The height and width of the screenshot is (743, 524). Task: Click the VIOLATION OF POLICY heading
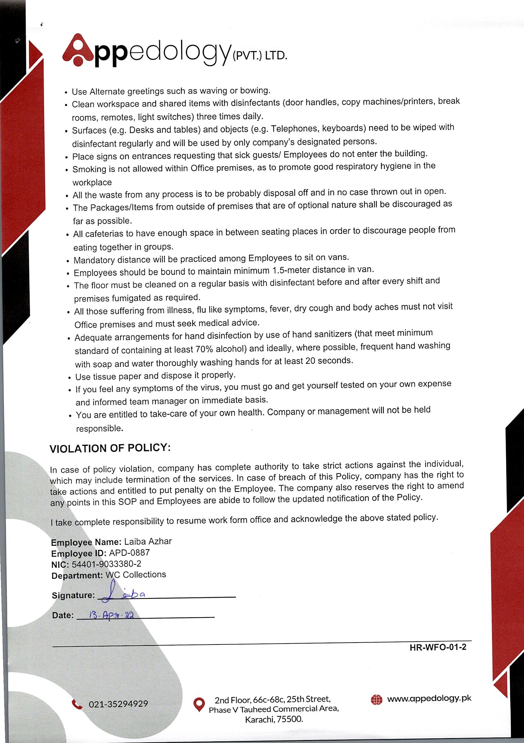tap(110, 448)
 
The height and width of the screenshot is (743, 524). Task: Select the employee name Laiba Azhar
tap(148, 542)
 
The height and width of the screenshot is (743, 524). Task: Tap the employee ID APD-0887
tap(129, 553)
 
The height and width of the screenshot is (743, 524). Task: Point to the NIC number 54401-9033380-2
tap(106, 564)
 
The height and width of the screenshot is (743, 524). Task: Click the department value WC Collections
tap(136, 575)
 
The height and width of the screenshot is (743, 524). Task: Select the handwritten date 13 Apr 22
tap(111, 615)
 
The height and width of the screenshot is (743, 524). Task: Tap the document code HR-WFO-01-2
tap(438, 647)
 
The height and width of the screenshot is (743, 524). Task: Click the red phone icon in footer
tap(77, 704)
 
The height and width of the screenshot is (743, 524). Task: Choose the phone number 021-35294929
tap(118, 704)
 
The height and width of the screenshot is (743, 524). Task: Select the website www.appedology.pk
tap(429, 698)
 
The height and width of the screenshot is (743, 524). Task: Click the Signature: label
tap(73, 595)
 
